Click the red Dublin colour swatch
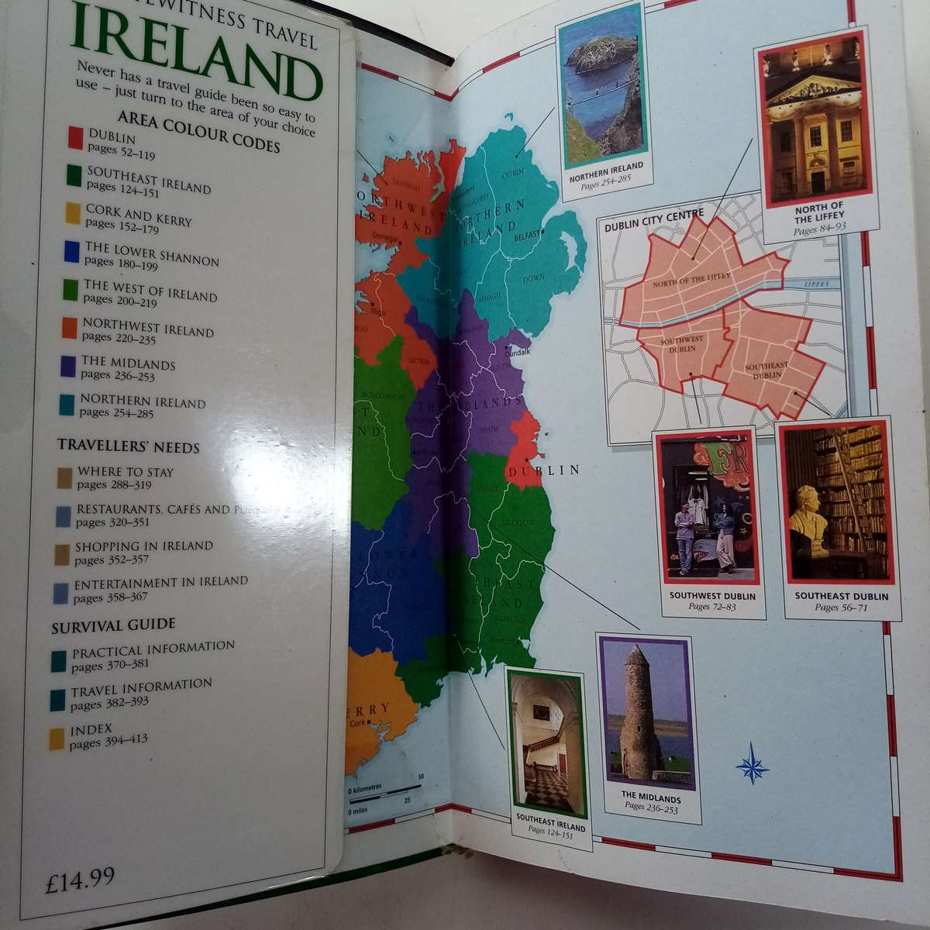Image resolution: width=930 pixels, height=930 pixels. (x=75, y=137)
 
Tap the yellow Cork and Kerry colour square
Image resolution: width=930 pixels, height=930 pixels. (x=73, y=213)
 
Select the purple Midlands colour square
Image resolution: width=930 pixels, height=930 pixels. (x=67, y=366)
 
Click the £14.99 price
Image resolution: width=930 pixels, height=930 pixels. (x=80, y=880)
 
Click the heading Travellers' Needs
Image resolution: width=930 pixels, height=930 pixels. (x=129, y=447)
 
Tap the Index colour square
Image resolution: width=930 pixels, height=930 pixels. (x=57, y=739)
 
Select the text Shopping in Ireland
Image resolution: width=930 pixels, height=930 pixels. (x=144, y=546)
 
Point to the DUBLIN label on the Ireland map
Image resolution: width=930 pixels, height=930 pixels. (x=554, y=470)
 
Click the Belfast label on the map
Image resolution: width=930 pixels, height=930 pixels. (x=525, y=232)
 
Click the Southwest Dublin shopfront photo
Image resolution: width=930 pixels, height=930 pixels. (x=704, y=508)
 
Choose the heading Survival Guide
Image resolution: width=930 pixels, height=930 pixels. (x=113, y=625)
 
